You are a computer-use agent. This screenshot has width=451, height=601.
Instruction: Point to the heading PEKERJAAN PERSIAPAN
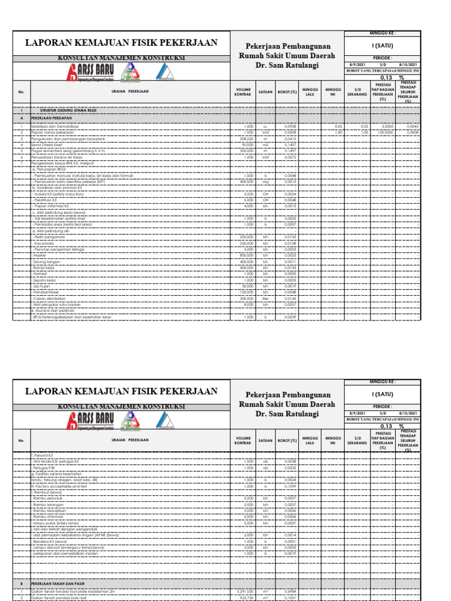pyautogui.click(x=51, y=117)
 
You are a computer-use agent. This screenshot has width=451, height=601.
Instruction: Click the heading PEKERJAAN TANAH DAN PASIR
pyautogui.click(x=58, y=585)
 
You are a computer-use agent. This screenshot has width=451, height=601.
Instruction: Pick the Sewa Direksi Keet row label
pyautogui.click(x=45, y=144)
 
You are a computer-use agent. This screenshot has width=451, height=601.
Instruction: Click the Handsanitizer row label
pyautogui.click(x=46, y=292)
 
